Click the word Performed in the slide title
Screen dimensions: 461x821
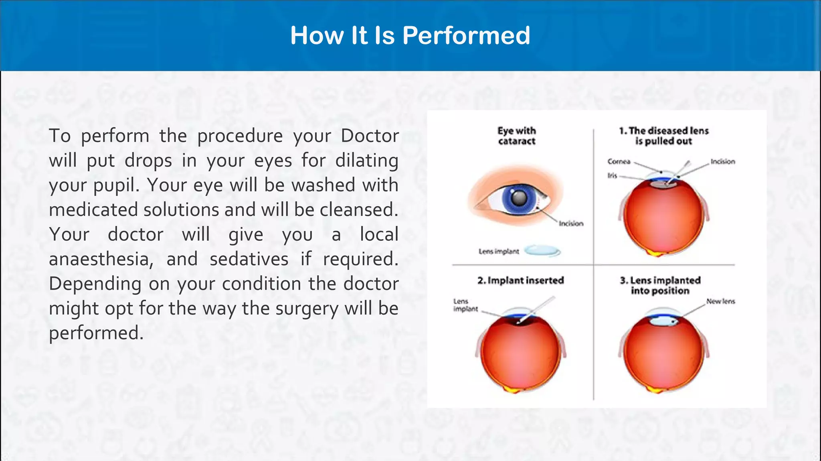[466, 36]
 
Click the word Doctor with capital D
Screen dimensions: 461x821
[370, 136]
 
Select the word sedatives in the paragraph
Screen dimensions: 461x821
[249, 259]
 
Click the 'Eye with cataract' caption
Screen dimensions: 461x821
[516, 136]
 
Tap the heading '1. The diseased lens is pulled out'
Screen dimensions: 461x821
[664, 136]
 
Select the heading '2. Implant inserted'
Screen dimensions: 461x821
[520, 280]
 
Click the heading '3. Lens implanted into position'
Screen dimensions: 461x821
[660, 285]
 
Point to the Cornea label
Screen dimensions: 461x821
[619, 162]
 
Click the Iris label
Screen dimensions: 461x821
[612, 176]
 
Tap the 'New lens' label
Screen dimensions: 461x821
[720, 301]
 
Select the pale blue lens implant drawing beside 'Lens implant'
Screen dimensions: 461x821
[542, 251]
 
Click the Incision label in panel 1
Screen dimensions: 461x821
[723, 162]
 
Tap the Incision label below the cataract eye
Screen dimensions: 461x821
[571, 223]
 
